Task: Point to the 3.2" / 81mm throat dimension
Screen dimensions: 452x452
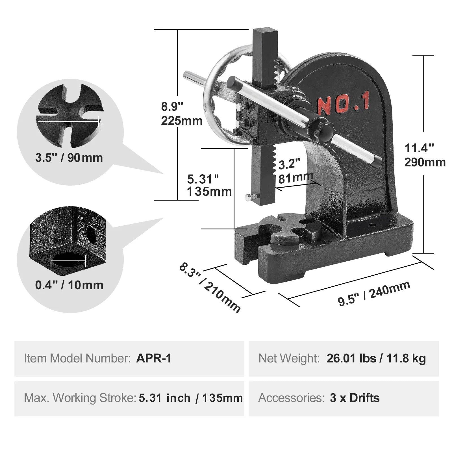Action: tap(295, 171)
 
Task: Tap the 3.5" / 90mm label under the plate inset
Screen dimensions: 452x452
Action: tap(69, 158)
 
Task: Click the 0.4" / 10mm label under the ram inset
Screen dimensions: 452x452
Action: tap(69, 285)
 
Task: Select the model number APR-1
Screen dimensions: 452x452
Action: tap(154, 358)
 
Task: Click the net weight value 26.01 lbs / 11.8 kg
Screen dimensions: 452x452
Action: tap(376, 358)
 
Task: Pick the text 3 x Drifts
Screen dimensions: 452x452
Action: tap(355, 398)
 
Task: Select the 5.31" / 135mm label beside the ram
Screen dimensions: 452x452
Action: tap(209, 185)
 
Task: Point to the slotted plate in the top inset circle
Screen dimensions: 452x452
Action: tap(69, 116)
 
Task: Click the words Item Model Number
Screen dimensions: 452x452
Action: tap(77, 358)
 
